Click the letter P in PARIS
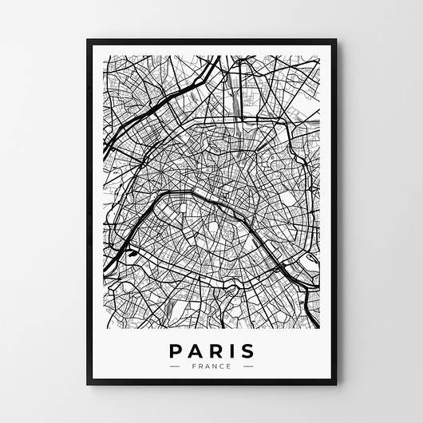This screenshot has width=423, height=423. tap(176, 351)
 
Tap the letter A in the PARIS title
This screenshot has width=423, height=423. tap(195, 351)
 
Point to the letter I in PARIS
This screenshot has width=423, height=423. tap(231, 351)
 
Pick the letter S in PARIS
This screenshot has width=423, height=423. tap(247, 351)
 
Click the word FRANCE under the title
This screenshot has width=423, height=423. tap(211, 366)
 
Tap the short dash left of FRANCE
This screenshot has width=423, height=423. tap(176, 366)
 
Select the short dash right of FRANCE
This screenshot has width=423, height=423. tap(247, 366)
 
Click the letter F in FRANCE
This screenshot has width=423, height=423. tap(194, 366)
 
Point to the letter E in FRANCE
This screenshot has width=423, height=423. tap(229, 366)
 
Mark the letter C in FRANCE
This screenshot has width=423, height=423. tap(222, 366)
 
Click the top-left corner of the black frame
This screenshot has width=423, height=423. tap(87, 39)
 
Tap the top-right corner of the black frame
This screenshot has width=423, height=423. tap(336, 39)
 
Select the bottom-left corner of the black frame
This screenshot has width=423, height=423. tap(87, 385)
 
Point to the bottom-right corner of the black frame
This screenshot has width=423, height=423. tap(336, 385)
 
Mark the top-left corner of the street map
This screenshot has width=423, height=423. tap(105, 56)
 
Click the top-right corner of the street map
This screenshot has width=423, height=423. tap(319, 56)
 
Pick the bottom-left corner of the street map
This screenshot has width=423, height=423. tap(105, 329)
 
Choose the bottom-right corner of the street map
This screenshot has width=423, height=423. tap(319, 329)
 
